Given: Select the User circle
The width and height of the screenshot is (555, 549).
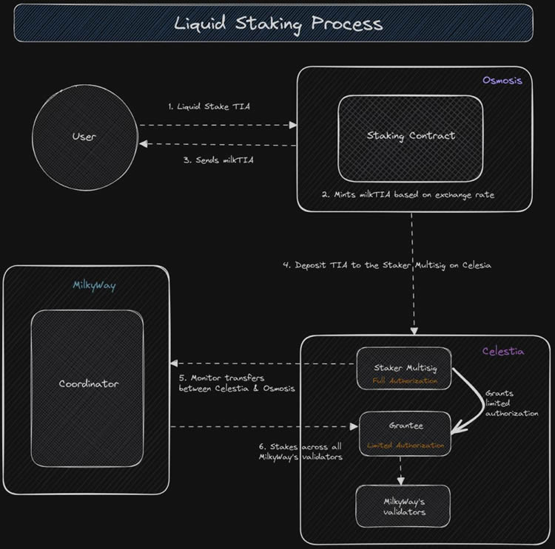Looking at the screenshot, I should (x=84, y=137).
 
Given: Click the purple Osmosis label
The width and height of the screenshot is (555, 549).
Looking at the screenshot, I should (x=502, y=80).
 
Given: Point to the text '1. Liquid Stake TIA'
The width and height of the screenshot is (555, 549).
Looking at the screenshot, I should (x=209, y=106).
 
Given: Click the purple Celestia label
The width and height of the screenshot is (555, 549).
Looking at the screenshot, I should (x=502, y=351).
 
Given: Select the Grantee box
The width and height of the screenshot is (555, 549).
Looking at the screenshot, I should (x=405, y=433).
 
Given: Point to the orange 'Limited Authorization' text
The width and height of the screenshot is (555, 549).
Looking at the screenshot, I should (x=406, y=446).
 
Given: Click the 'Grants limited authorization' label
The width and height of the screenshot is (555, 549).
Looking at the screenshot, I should (x=511, y=403).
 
